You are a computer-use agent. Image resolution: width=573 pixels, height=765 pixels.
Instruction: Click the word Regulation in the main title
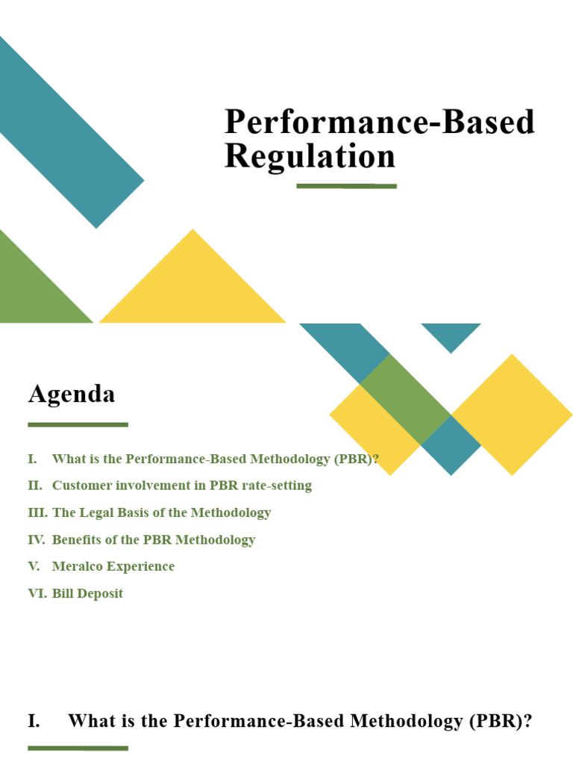310,157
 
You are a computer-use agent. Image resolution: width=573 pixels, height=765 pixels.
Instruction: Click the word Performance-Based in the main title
380,122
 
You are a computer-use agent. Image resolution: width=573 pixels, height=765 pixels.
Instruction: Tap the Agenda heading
72,394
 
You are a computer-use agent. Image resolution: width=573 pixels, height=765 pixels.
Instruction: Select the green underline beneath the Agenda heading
78,424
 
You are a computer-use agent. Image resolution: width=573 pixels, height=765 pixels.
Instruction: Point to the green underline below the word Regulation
346,185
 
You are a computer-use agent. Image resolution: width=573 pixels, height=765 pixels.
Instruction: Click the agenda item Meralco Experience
113,566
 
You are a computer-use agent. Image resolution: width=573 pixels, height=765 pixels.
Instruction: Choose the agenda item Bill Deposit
87,593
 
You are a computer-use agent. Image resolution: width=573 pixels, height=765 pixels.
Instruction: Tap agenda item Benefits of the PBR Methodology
154,539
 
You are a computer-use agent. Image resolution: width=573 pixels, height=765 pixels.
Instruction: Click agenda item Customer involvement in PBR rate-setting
182,486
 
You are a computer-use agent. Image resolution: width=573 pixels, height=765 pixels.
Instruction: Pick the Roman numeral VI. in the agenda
37,593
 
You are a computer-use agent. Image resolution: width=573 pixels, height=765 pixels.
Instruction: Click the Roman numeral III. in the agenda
37,512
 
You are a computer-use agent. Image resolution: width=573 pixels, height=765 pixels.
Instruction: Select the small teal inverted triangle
451,334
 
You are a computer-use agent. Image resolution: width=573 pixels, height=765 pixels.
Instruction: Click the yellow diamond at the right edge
512,414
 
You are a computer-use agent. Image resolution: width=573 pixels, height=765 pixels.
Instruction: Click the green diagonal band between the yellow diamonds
405,400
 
